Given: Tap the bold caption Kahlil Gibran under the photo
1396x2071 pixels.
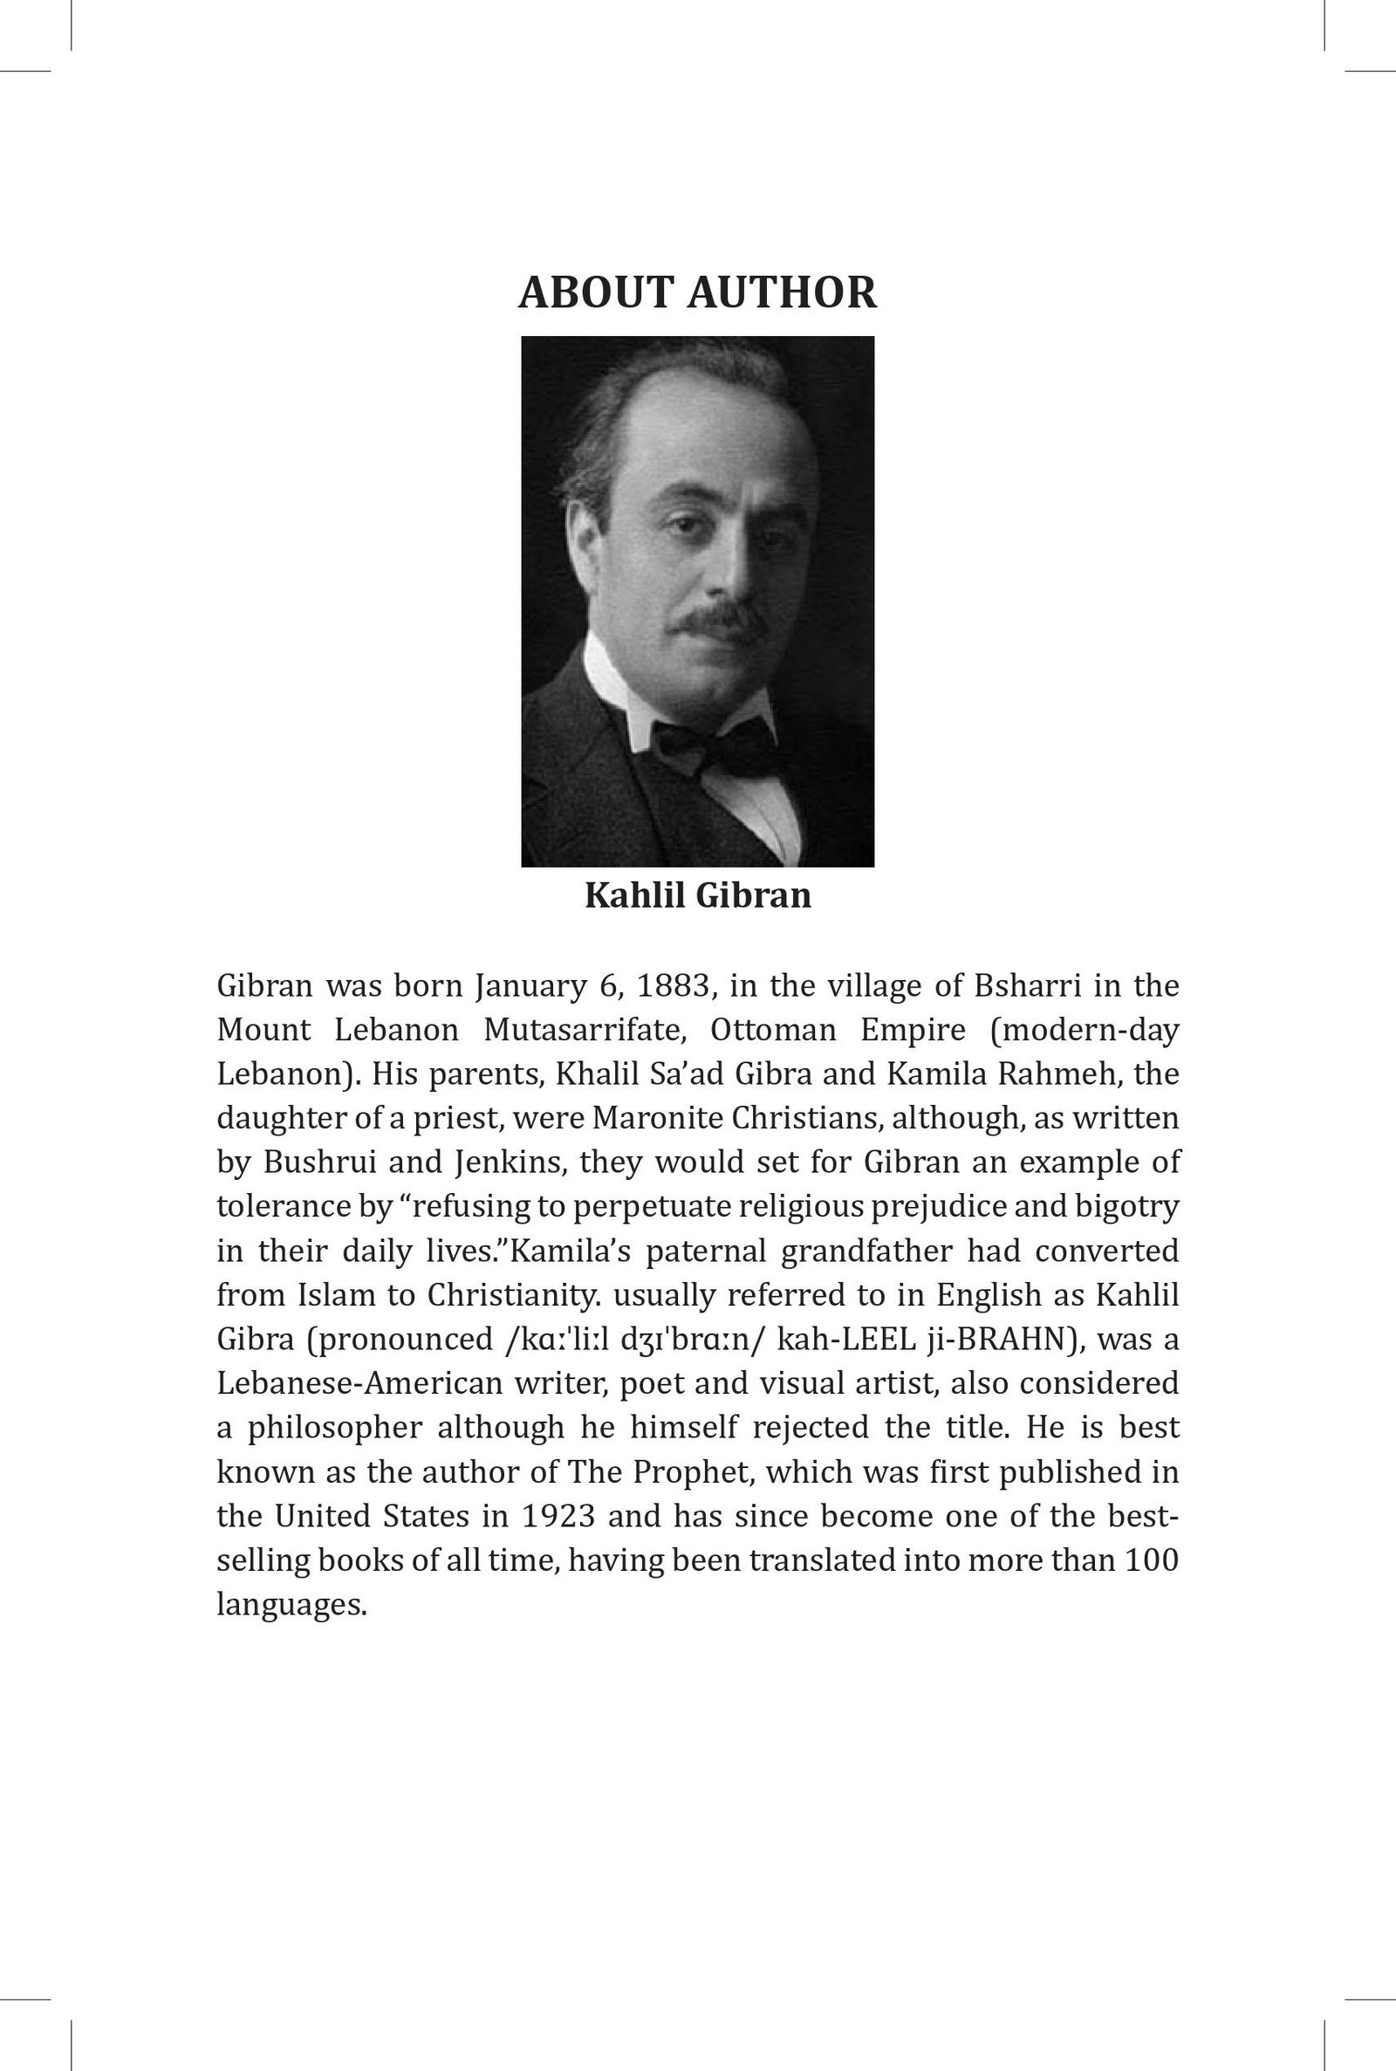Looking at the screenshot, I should point(698,895).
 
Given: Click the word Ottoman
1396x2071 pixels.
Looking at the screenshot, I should point(774,1030).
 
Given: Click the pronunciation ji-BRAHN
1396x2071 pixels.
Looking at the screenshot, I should point(1003,1340).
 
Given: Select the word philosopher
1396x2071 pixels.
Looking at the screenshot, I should point(335,1427).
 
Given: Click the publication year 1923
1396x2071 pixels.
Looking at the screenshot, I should point(558,1515).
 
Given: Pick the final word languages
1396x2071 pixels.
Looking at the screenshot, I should point(292,1604).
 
